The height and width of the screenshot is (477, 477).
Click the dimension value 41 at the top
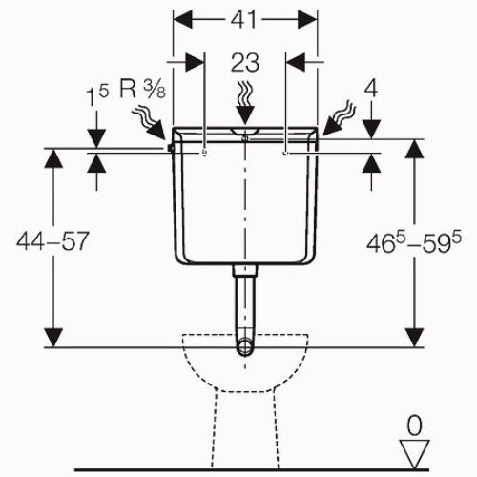click(243, 20)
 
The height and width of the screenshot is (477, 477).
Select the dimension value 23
click(245, 63)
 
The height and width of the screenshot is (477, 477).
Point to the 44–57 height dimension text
click(52, 241)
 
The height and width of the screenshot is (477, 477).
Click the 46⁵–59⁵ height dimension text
click(414, 242)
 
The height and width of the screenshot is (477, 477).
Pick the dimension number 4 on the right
click(371, 89)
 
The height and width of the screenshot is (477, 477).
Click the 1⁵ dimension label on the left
click(97, 94)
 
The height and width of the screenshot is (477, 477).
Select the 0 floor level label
click(415, 426)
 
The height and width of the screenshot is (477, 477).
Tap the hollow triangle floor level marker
click(415, 454)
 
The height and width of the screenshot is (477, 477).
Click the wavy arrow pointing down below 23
click(245, 102)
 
